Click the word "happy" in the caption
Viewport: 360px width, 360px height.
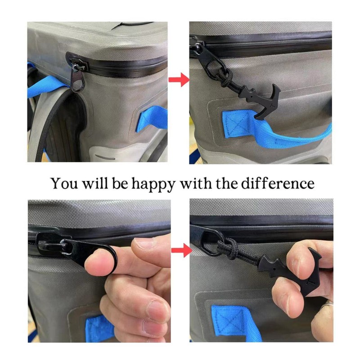click(153, 184)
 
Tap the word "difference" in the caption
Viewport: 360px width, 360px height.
click(278, 183)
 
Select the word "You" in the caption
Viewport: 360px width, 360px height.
click(64, 183)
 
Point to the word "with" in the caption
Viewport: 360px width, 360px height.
click(196, 183)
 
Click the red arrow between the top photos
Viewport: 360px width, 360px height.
click(179, 80)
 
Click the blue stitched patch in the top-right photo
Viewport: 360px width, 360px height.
click(237, 125)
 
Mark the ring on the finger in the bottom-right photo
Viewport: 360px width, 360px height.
click(328, 304)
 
